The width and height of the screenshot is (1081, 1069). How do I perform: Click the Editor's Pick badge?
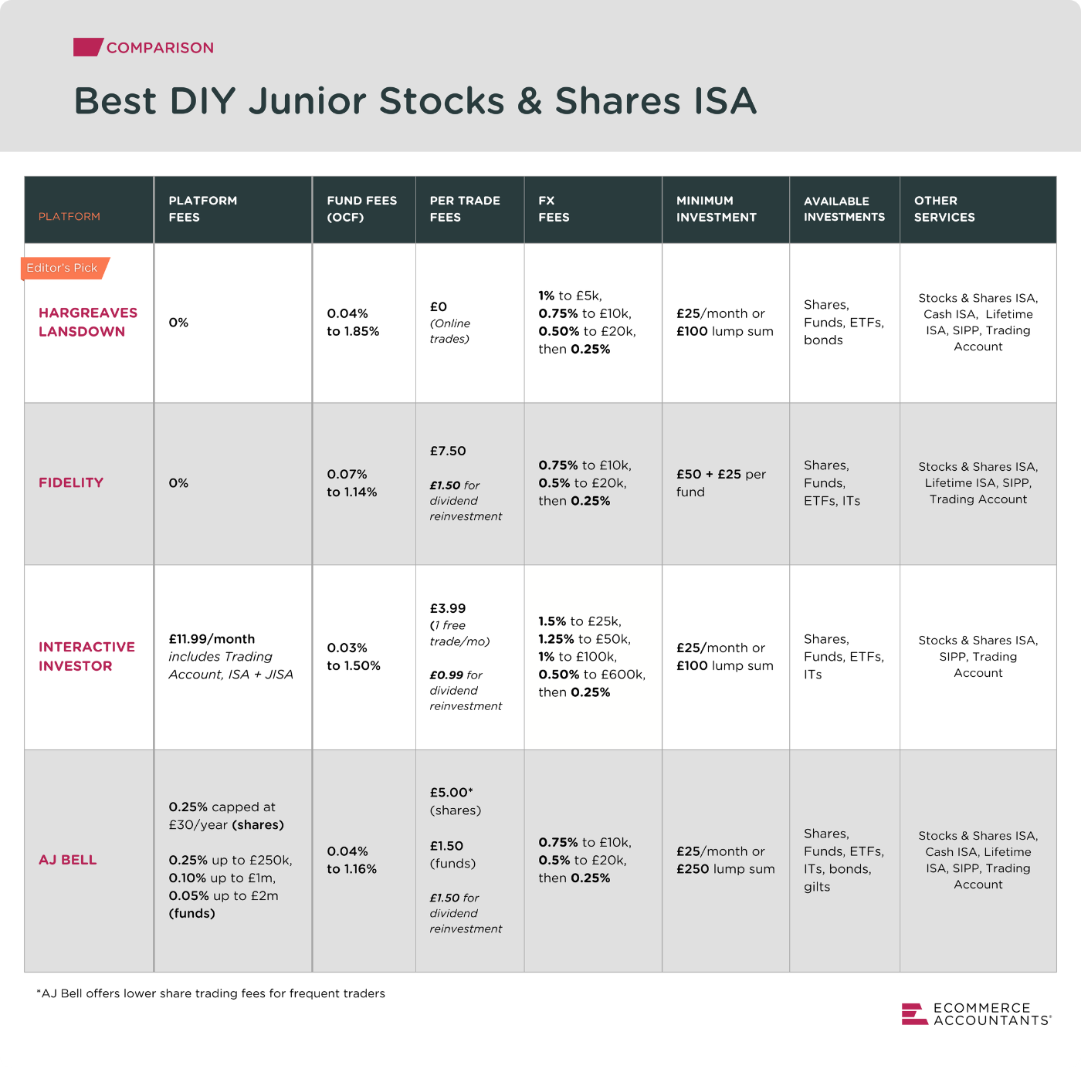(63, 268)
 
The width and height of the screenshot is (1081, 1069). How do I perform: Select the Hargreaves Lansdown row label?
(87, 322)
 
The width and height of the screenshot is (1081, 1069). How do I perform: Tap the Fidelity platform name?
(71, 482)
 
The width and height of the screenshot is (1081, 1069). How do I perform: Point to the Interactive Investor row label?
(86, 656)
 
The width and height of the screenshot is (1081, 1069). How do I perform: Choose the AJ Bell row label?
(68, 860)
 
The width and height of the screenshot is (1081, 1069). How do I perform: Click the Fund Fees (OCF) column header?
(361, 209)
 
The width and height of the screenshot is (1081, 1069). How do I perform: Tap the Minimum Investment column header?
(716, 209)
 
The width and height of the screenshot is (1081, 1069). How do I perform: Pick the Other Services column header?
(944, 209)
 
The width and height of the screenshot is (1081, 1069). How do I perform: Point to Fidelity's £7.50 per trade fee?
(448, 451)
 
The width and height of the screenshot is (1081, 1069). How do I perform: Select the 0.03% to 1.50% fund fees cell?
(354, 657)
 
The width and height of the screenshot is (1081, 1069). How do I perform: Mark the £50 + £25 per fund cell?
(721, 483)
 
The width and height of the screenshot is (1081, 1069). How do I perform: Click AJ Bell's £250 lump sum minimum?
(725, 869)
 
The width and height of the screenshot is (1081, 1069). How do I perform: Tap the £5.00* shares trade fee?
(452, 793)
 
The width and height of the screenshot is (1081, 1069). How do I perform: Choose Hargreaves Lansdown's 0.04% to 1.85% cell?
(353, 323)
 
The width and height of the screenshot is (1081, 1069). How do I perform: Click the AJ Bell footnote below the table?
(211, 993)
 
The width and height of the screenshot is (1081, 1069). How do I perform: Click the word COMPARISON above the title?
(160, 48)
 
